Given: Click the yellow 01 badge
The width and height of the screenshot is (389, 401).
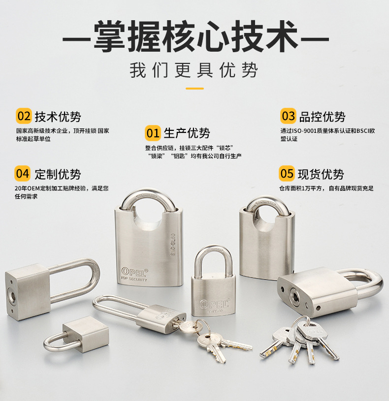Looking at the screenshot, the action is (153, 133).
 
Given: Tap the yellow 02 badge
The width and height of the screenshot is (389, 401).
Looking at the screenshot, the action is (24, 116).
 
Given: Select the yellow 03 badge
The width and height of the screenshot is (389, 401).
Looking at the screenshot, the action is (288, 116).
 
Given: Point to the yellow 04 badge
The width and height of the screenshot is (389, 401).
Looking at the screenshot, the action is (23, 173).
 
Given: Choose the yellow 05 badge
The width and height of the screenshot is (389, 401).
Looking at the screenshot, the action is (287, 173).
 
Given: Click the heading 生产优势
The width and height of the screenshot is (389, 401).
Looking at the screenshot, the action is (187, 133).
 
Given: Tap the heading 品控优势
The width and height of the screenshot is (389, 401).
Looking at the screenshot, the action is (322, 117).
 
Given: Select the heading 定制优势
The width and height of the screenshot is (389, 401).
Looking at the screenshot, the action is (58, 174).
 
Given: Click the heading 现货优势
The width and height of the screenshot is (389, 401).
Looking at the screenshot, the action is (321, 174).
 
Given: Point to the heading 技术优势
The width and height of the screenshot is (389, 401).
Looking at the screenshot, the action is (58, 117).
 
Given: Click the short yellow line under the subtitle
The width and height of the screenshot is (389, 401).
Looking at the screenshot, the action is (195, 89).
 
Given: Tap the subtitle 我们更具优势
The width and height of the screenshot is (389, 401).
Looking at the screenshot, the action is (194, 70).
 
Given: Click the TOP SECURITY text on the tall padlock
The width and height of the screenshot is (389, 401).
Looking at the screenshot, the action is (133, 279).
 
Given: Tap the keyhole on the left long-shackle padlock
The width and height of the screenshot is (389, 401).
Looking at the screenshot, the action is (11, 292).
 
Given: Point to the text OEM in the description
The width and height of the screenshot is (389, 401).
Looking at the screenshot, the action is (33, 188).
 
